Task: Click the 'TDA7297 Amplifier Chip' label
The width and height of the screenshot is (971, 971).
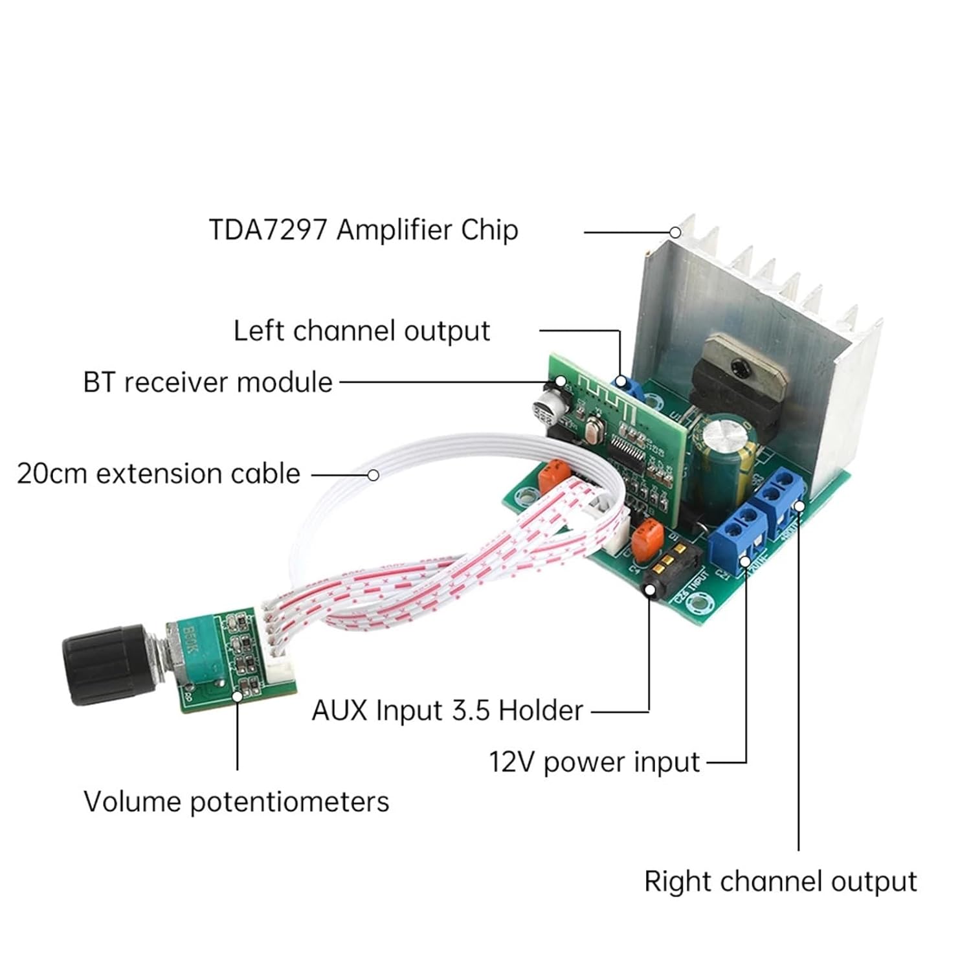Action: [x=363, y=230]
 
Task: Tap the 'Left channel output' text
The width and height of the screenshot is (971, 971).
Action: [x=361, y=331]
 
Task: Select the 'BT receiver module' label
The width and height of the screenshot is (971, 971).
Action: [x=208, y=383]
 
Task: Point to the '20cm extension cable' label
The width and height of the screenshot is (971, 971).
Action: [x=159, y=474]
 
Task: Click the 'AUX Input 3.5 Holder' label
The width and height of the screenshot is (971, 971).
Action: [x=447, y=711]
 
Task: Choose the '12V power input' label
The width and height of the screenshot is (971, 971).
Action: [x=594, y=762]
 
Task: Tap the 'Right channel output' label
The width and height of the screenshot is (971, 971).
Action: [x=780, y=882]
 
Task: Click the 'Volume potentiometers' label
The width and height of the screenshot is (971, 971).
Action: [x=236, y=802]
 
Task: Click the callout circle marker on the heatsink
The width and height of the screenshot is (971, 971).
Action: [x=675, y=232]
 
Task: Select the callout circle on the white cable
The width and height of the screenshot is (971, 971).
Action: [x=373, y=475]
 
